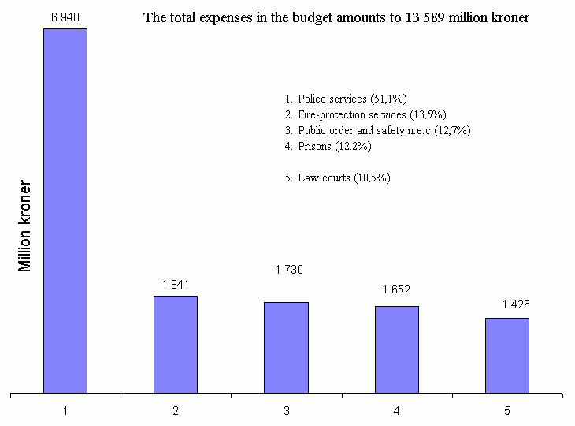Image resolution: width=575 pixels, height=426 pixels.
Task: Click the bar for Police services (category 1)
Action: pos(65,210)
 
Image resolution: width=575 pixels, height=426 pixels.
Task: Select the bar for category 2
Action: pos(175,344)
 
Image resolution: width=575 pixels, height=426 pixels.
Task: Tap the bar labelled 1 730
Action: pos(286,347)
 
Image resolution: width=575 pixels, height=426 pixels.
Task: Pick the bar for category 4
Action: pos(396,349)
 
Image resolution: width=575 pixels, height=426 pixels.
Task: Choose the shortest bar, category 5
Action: pos(506,355)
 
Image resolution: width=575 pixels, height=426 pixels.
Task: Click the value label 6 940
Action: pos(65,17)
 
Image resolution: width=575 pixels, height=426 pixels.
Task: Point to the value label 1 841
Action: pos(176,285)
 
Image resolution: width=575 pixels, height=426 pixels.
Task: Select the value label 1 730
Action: pos(289,270)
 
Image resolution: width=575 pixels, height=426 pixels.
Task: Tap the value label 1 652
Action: pos(397,290)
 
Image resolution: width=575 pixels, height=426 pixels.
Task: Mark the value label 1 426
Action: pos(516,305)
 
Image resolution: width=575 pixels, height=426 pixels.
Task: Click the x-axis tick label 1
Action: pos(65,411)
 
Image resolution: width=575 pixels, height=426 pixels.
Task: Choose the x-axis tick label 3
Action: pos(286,411)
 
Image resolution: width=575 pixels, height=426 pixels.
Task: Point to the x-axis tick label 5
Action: pos(507,411)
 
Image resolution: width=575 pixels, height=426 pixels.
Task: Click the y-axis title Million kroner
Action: pos(25,227)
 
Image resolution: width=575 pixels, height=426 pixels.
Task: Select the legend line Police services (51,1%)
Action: pos(346,99)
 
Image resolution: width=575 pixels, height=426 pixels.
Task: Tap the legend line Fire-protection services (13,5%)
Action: pos(365,114)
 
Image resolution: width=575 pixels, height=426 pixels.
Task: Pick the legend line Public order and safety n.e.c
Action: pos(378,130)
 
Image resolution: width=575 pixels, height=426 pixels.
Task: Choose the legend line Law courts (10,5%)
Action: pos(338,177)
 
